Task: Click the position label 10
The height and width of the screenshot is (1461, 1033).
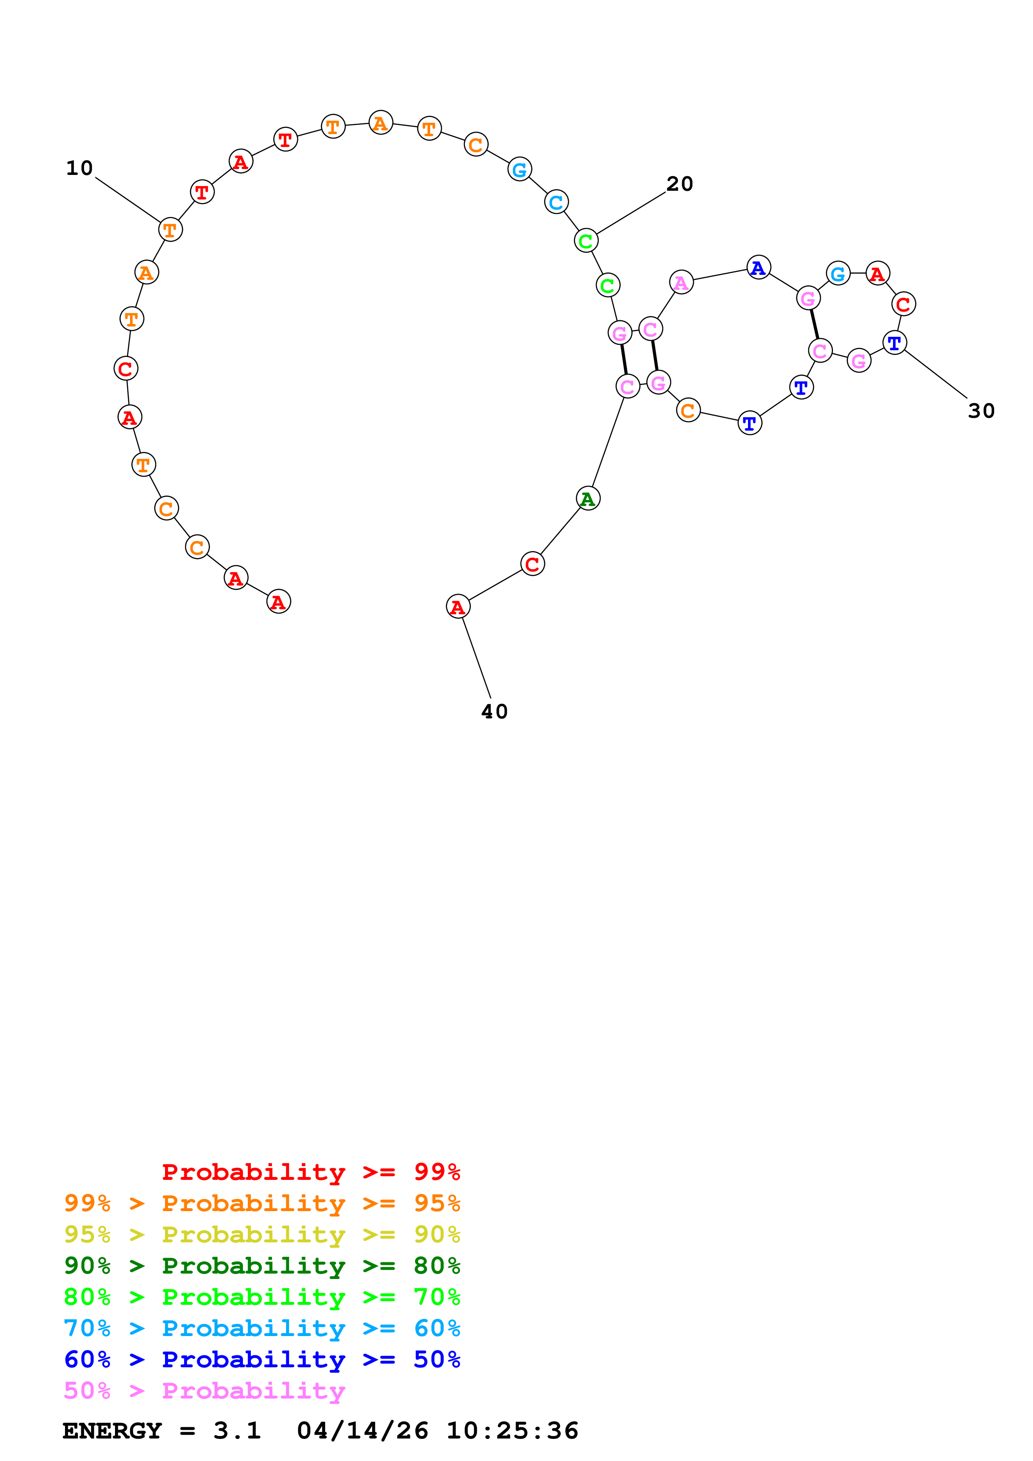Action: tap(80, 168)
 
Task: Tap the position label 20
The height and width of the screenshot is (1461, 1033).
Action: tap(679, 184)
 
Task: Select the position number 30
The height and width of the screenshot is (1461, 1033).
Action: tap(981, 411)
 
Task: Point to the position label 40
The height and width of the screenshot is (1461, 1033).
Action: tap(495, 711)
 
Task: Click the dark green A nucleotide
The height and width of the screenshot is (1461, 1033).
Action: tap(588, 499)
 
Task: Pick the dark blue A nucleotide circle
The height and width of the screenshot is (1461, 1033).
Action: tap(758, 267)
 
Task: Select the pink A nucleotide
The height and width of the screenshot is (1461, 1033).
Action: tap(681, 282)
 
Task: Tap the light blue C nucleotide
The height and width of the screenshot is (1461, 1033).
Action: tap(556, 202)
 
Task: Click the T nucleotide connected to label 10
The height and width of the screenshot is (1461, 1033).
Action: tap(170, 230)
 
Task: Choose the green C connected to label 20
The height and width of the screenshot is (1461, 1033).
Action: tap(585, 241)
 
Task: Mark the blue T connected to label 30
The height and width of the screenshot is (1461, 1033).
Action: tap(894, 343)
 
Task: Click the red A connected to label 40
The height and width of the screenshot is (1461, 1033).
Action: tap(458, 607)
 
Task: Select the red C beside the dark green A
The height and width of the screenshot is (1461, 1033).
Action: tap(532, 564)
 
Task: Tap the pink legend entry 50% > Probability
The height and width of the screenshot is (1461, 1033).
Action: tap(204, 1391)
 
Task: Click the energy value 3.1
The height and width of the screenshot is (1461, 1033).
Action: tap(237, 1431)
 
